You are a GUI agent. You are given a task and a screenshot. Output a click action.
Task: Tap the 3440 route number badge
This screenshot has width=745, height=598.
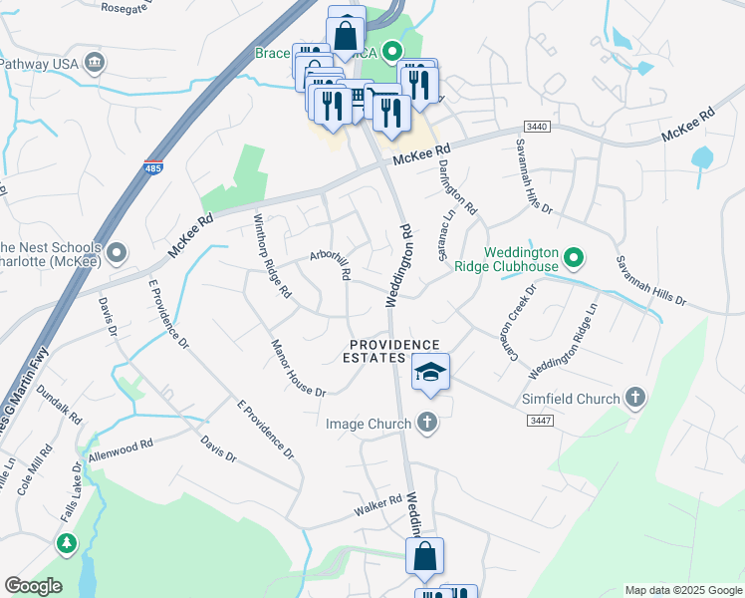(x=537, y=127)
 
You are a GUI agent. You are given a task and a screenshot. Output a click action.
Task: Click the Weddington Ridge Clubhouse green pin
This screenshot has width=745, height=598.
(x=574, y=259)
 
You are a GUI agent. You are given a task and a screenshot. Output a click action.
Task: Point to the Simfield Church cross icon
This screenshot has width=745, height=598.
(x=635, y=399)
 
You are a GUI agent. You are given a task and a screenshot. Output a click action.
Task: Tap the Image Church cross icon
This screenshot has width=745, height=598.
(x=426, y=424)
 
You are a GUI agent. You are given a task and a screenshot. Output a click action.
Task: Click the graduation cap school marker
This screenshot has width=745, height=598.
(x=430, y=373)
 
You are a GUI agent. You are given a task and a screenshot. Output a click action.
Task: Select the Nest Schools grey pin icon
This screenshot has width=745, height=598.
(x=117, y=253)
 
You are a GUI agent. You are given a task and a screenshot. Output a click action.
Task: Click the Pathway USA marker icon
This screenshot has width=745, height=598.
(x=96, y=63)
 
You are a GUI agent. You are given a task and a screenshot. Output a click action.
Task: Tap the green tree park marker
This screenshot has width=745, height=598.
(x=67, y=543)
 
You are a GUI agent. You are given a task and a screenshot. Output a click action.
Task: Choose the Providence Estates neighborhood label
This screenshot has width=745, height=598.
(x=391, y=351)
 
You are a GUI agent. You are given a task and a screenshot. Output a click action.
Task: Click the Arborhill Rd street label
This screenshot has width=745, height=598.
(x=332, y=263)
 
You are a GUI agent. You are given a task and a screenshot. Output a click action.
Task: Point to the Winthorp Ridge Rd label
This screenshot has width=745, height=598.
(x=272, y=256)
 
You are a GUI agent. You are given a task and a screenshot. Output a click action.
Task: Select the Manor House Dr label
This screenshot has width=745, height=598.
(x=299, y=369)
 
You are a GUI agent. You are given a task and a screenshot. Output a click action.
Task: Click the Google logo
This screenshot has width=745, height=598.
(x=32, y=586)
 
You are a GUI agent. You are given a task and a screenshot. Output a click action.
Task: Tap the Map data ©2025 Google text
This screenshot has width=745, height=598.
(x=683, y=590)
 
